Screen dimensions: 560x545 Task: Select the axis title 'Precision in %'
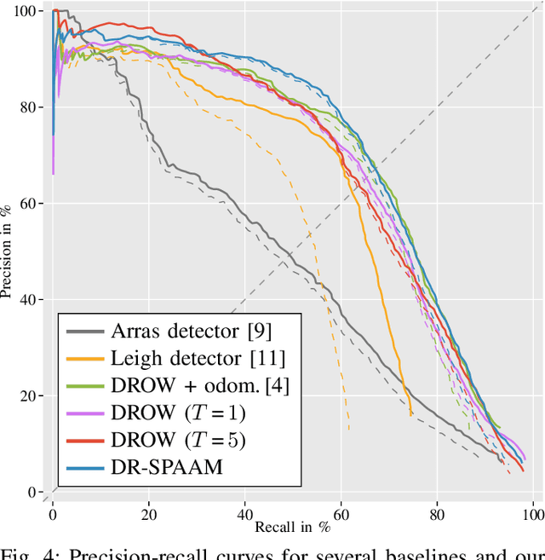pyautogui.click(x=8, y=251)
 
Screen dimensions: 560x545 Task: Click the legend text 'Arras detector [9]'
pyautogui.click(x=192, y=331)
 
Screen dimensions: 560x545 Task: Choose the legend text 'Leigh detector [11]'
pyautogui.click(x=198, y=358)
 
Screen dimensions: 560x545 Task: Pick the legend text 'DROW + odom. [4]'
pyautogui.click(x=200, y=385)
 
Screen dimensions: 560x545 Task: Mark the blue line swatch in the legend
pyautogui.click(x=84, y=467)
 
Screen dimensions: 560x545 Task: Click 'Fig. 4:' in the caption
pyautogui.click(x=34, y=551)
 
